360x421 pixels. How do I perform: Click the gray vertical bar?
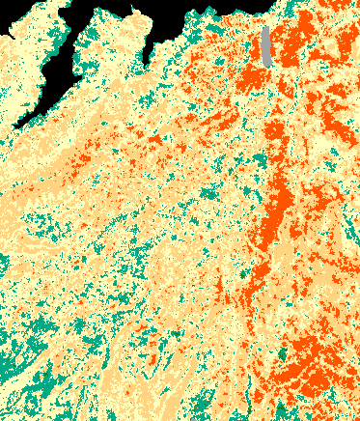point(266,46)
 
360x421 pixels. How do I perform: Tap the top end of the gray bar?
point(266,28)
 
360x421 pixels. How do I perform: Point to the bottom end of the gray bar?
point(266,65)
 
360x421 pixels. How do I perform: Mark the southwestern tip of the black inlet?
point(17,124)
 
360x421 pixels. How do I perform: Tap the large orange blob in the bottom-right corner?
point(309,367)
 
